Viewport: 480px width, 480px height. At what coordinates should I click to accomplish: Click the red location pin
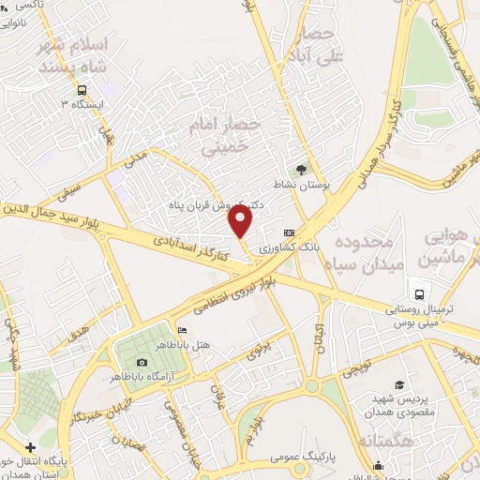(x=242, y=222)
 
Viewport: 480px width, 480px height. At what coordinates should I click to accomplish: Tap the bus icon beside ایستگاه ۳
(x=82, y=91)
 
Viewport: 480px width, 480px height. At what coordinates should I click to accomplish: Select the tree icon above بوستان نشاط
(x=300, y=170)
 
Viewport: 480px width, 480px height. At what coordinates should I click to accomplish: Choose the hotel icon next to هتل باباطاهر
(x=182, y=330)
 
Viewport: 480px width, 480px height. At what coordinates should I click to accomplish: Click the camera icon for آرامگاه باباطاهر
(x=142, y=362)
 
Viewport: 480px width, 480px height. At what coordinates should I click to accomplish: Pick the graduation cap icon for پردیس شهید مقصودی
(x=399, y=385)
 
